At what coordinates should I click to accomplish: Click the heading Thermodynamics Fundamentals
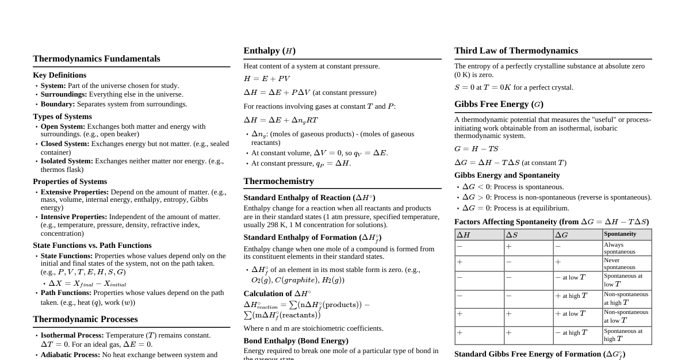click(97, 59)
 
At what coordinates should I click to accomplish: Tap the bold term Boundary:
click(58, 104)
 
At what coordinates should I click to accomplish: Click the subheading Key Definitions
click(60, 75)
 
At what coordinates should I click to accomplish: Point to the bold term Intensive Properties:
click(74, 217)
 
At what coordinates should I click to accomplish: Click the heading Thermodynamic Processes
click(85, 319)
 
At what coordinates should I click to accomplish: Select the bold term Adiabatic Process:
click(70, 355)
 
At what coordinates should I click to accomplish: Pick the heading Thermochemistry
click(278, 181)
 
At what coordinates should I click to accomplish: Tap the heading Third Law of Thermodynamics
click(516, 51)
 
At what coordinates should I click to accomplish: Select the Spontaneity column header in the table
click(620, 234)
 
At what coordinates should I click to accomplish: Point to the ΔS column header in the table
click(512, 235)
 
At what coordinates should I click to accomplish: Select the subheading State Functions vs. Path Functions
click(92, 246)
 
